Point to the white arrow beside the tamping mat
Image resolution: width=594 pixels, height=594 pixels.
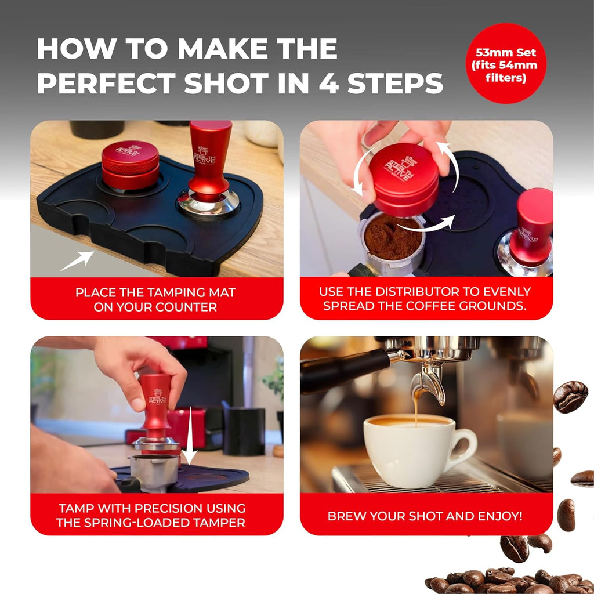pos(79,260)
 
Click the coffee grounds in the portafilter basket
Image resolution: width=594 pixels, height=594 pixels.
pos(392,237)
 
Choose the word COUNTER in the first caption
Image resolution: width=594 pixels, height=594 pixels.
pos(186,307)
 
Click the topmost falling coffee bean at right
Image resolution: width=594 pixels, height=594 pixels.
pos(570,396)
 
